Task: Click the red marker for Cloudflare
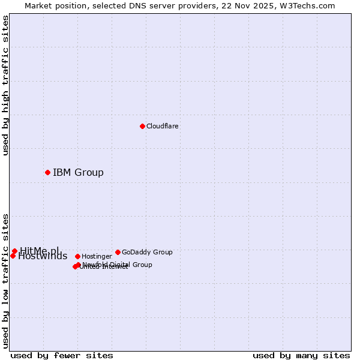142,126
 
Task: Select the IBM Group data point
47,172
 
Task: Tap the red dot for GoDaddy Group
118,252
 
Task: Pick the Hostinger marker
77,256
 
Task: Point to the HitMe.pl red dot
14,251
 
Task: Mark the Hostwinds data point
13,256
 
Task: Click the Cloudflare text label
162,126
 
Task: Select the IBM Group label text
78,173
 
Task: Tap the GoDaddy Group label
147,252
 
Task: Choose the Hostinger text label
97,256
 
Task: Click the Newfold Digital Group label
117,264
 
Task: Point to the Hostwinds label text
43,256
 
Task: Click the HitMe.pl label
40,251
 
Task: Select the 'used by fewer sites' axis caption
62,355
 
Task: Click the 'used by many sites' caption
301,355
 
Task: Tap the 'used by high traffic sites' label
5,85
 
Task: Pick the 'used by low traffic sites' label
5,281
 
